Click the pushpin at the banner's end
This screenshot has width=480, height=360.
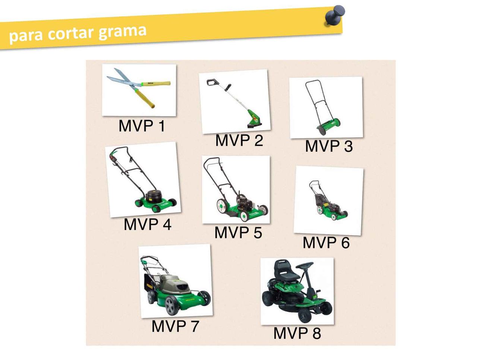[335, 16]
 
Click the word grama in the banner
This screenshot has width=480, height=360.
[122, 32]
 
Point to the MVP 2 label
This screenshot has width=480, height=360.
[239, 140]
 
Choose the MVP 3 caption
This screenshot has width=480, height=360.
[329, 146]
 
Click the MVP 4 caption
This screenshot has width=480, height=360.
[147, 224]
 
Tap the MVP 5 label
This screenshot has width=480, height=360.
[238, 232]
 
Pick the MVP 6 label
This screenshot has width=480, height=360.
[326, 242]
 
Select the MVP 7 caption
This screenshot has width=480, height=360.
[175, 326]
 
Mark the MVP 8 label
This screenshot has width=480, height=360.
[297, 333]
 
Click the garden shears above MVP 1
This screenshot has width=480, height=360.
[138, 88]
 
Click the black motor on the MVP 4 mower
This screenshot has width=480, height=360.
[153, 196]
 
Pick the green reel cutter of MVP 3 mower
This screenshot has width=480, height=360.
[328, 127]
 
